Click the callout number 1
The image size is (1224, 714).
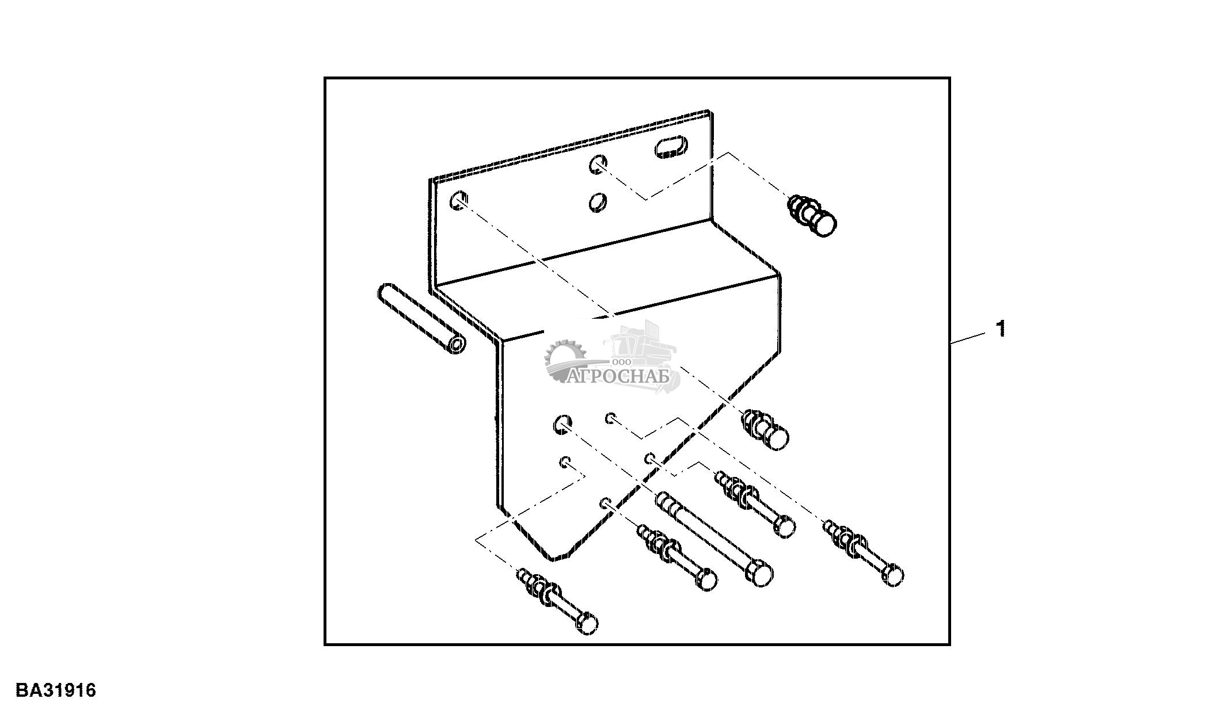tap(1002, 329)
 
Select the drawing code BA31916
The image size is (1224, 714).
tap(56, 690)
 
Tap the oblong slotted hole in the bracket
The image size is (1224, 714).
tap(671, 147)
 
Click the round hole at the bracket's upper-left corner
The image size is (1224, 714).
tap(458, 200)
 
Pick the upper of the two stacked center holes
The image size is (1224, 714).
tap(597, 165)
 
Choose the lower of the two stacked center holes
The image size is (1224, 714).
tap(597, 202)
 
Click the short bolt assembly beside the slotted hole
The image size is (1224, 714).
tap(812, 216)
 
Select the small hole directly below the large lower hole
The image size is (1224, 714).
tap(566, 461)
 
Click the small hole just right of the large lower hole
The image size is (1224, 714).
tap(610, 418)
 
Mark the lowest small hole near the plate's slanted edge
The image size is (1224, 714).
tap(605, 503)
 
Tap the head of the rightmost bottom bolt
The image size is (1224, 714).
tap(893, 575)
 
